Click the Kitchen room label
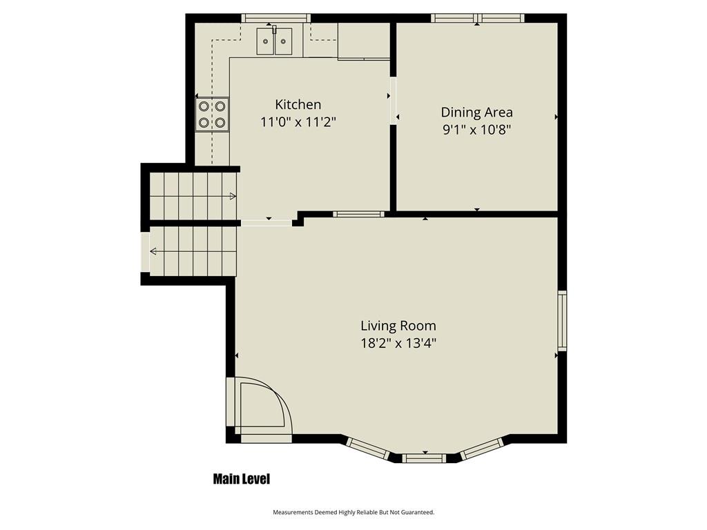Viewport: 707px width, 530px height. [x=298, y=104]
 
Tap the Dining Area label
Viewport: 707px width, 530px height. [x=476, y=112]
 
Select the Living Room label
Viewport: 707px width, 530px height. [x=398, y=326]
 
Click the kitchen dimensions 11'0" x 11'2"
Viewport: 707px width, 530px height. [x=298, y=121]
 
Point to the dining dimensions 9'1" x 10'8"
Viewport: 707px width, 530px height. [x=476, y=130]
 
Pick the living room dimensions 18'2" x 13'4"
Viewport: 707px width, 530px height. [x=398, y=344]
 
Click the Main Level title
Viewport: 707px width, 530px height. [x=241, y=479]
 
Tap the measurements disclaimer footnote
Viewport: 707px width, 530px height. [x=353, y=512]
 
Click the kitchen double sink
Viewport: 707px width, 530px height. [x=274, y=41]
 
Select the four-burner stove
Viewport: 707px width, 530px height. [x=212, y=115]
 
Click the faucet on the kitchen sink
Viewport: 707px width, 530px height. [x=273, y=29]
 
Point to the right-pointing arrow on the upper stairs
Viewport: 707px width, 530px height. [x=233, y=196]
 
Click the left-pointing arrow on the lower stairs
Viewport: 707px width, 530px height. [x=153, y=251]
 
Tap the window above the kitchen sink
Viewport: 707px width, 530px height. [x=275, y=18]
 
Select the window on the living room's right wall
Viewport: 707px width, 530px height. [x=562, y=320]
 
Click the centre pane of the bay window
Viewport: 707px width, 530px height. [x=424, y=458]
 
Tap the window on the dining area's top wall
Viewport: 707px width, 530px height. [x=478, y=18]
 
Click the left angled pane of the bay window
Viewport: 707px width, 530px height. [x=368, y=449]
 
